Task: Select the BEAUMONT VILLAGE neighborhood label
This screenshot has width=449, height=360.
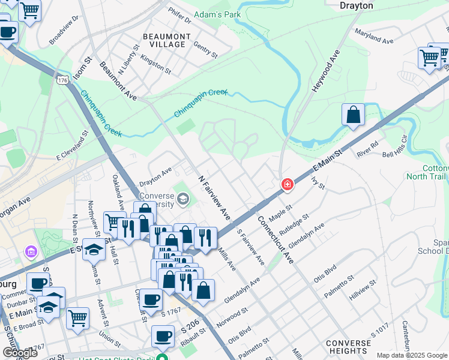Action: (x=167, y=40)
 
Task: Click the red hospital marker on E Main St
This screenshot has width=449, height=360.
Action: (x=288, y=184)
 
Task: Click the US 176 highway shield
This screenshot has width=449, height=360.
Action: (x=62, y=79)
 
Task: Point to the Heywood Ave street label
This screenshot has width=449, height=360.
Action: (x=325, y=71)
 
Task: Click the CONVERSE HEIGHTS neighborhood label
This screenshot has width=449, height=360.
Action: (x=348, y=347)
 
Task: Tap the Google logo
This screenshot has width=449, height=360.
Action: (x=20, y=353)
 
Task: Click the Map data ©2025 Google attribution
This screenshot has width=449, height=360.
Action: (x=411, y=355)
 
